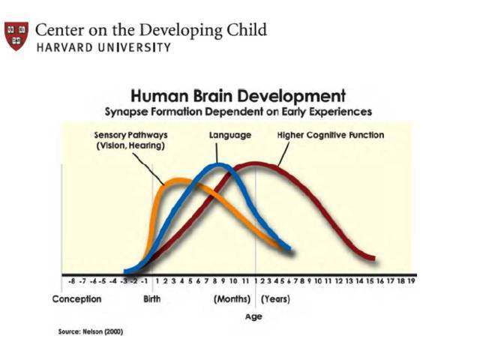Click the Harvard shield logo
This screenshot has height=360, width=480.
click(x=17, y=35)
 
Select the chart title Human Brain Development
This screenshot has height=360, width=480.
click(x=238, y=96)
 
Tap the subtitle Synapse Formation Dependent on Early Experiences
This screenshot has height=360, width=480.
click(x=238, y=111)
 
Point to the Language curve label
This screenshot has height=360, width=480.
click(x=229, y=135)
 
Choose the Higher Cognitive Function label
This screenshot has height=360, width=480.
click(x=331, y=135)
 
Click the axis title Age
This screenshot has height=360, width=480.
click(x=253, y=316)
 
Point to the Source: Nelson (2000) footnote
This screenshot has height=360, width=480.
click(x=90, y=331)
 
